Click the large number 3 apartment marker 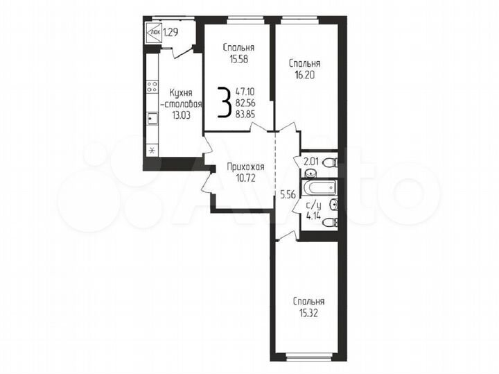pos(224,103)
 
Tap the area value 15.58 pos(238,59)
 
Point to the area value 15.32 pos(308,313)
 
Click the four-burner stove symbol pos(152,90)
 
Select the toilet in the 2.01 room pos(331,164)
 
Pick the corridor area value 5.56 pos(288,196)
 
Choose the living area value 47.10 pos(245,90)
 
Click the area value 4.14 pos(313,215)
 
